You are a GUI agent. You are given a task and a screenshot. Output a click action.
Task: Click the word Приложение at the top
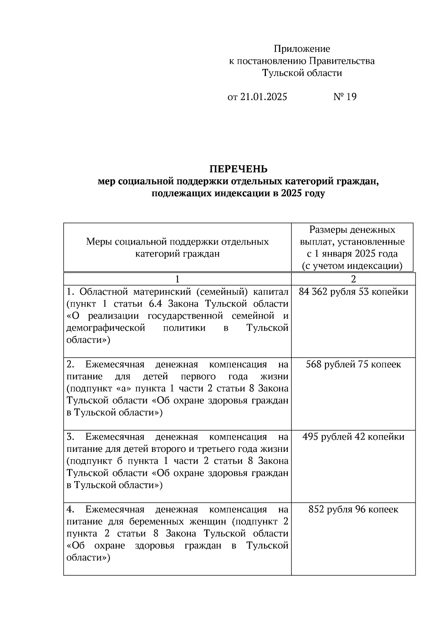click(x=301, y=49)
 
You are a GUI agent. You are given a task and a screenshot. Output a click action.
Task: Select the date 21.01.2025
click(x=263, y=97)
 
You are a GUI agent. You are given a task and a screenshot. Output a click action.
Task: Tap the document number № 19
click(x=345, y=97)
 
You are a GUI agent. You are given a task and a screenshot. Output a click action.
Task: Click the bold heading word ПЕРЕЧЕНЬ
click(x=238, y=169)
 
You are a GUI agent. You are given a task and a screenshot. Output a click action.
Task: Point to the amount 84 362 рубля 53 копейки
click(x=353, y=292)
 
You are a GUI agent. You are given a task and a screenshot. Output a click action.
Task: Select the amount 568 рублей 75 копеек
click(x=353, y=364)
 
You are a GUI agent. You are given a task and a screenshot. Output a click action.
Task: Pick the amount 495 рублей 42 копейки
click(x=353, y=437)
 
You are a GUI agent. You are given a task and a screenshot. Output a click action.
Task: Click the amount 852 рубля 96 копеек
click(x=353, y=509)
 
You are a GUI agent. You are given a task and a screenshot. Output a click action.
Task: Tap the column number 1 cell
click(x=177, y=279)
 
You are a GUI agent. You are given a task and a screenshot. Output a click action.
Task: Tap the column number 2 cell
click(x=353, y=279)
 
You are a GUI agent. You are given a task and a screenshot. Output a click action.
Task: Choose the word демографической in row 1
click(x=105, y=328)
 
